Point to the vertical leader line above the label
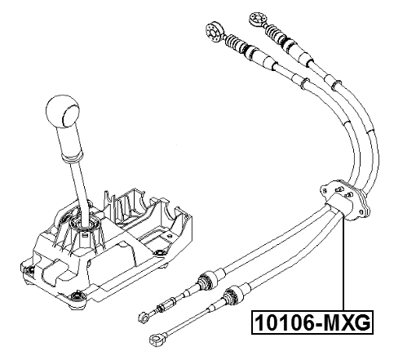345,269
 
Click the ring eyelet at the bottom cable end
156,339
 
